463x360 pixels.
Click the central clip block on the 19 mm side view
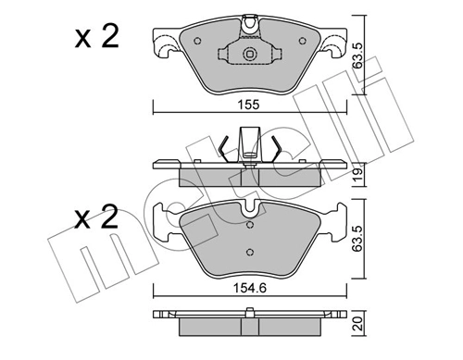(247, 146)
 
